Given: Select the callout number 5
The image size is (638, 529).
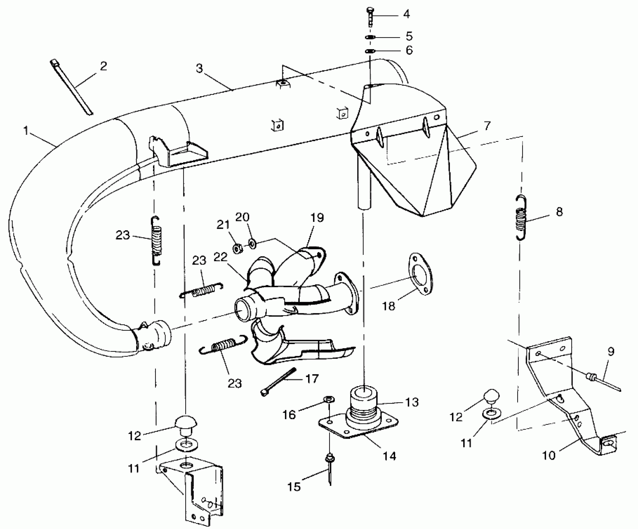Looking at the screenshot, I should tap(409, 36).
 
